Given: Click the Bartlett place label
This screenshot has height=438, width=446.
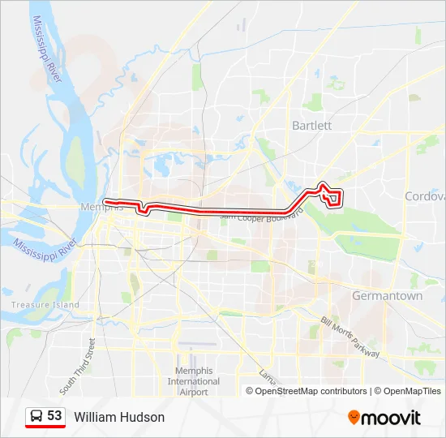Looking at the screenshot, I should point(312,126).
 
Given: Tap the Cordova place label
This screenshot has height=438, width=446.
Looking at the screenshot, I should point(425,196).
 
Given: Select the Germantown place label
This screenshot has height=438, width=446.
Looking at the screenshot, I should point(387,296).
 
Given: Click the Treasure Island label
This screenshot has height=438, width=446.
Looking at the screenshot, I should point(45,305).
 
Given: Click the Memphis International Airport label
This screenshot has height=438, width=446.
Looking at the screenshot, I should point(193,381).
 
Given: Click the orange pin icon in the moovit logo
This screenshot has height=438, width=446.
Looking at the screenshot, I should point(354,418).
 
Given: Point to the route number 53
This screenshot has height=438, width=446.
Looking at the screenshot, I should point(54,416).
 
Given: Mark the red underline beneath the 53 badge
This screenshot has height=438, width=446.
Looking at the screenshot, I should point(45,427).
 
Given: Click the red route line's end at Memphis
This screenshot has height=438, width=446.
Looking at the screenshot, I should point(106,200).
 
